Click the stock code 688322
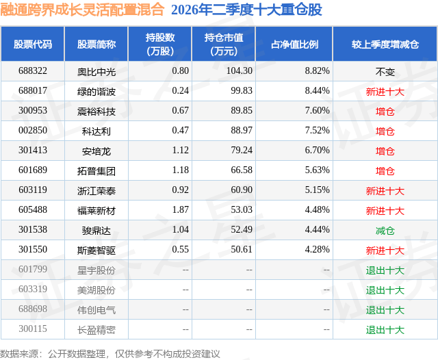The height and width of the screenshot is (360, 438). [33, 71]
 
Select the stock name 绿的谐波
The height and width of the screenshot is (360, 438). [96, 91]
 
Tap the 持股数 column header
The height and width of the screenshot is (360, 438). [160, 44]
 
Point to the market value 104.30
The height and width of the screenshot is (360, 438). [240, 71]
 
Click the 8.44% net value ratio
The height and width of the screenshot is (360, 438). [318, 91]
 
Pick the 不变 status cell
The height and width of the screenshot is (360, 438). [385, 72]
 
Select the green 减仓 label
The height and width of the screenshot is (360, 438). [385, 231]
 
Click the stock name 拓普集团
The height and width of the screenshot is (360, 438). [96, 170]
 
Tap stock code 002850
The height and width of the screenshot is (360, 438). [33, 131]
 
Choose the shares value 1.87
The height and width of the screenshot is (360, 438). [181, 209]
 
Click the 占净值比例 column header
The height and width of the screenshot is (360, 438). [294, 44]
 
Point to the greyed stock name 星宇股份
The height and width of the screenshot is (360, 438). [96, 270]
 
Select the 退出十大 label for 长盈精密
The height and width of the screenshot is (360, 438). [385, 330]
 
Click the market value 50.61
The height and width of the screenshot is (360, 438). [242, 249]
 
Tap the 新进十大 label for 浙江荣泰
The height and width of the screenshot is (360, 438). [385, 191]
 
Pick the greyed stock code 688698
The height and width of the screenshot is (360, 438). [33, 309]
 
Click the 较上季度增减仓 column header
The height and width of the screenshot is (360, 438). [385, 44]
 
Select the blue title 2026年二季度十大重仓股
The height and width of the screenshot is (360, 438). [246, 10]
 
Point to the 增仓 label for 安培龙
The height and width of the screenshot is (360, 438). [385, 151]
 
